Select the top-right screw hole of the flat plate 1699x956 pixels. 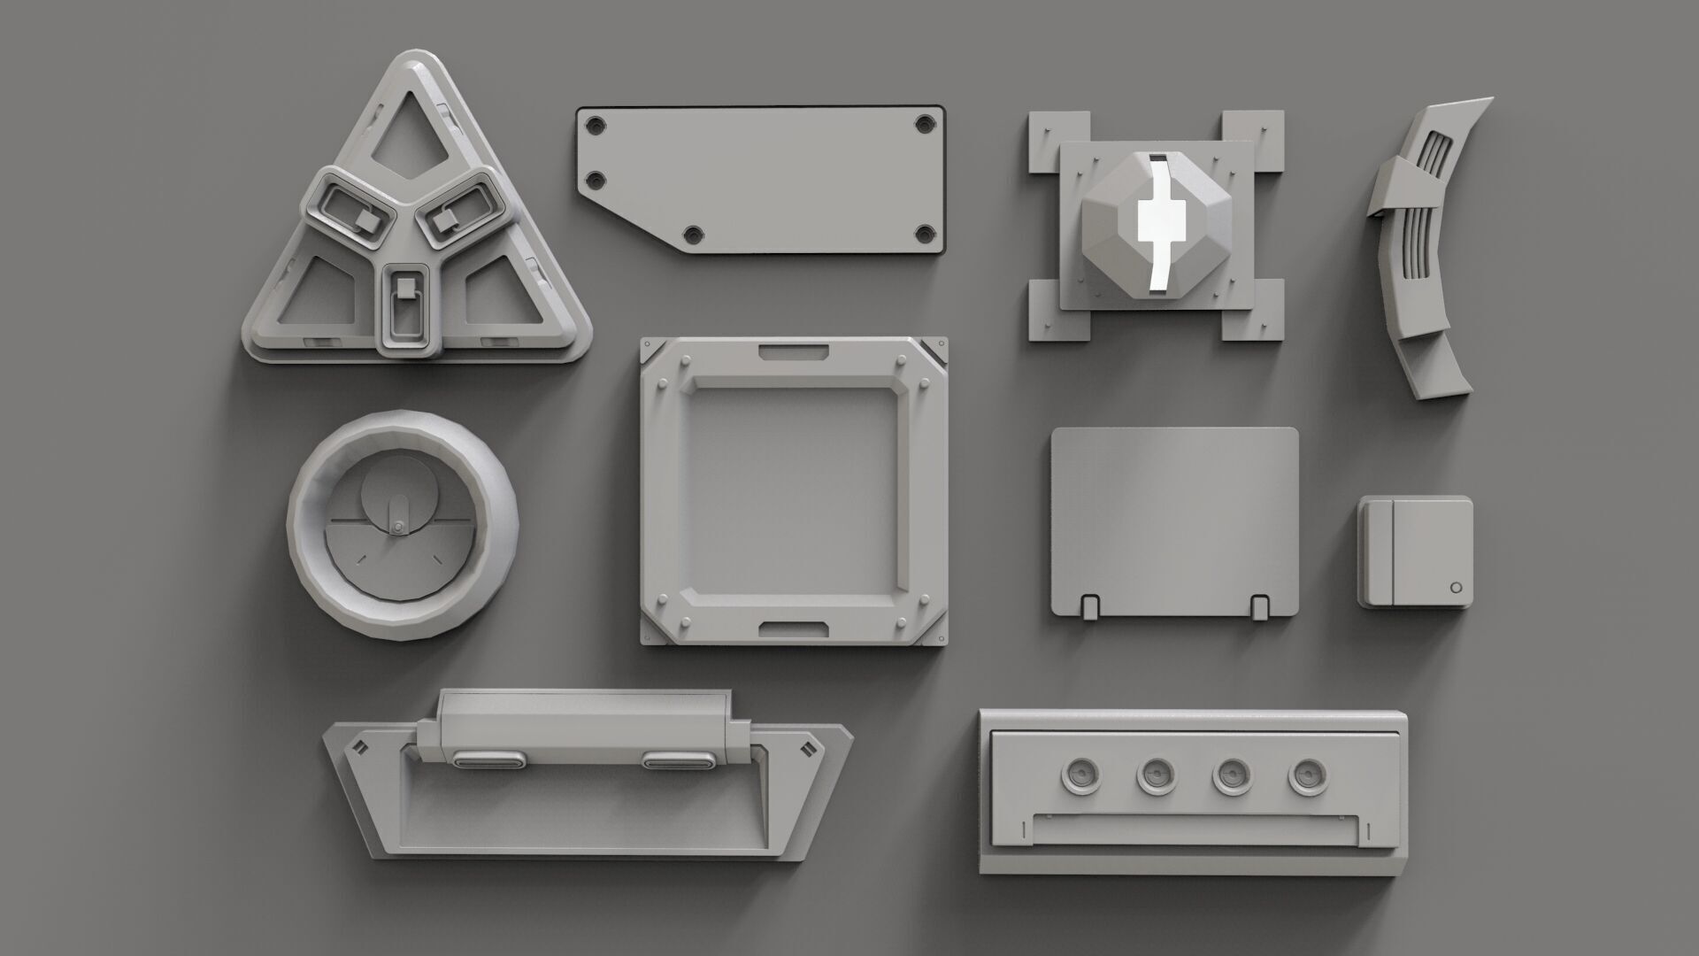[925, 122]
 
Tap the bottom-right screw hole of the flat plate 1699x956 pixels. [925, 233]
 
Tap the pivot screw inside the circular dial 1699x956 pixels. [398, 528]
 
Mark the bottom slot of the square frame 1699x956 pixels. [793, 628]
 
